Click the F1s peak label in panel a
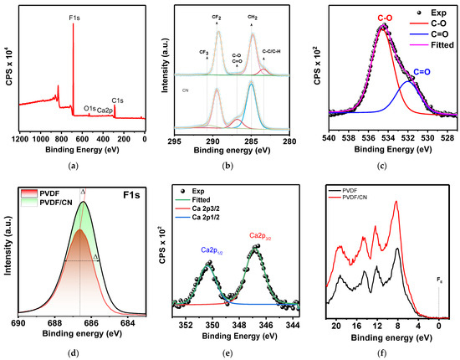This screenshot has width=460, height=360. [x=74, y=16]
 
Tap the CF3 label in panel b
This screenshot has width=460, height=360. [x=203, y=53]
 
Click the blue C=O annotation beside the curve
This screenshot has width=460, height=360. [x=423, y=73]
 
